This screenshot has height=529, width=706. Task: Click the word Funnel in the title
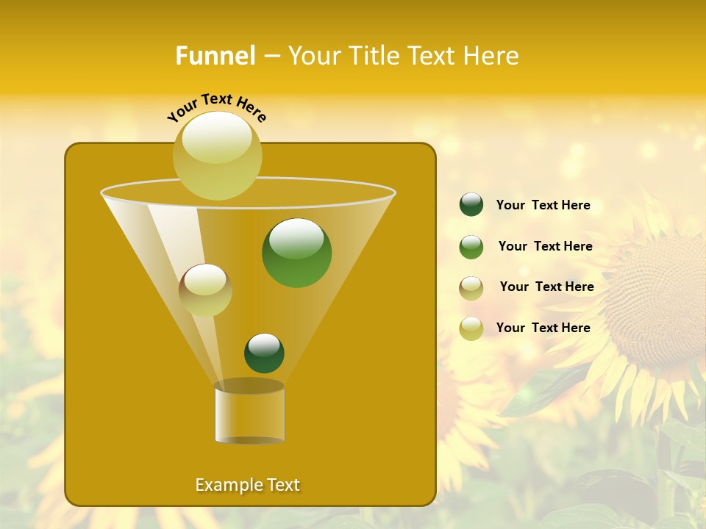coord(215,56)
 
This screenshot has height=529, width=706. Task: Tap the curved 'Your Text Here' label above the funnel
coord(217,107)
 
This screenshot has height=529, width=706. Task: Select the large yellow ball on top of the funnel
coord(218,155)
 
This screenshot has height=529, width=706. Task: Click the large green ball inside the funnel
coord(296,253)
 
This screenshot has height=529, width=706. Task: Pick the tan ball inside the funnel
coord(205,290)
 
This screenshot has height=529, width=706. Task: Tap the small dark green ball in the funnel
coord(264,353)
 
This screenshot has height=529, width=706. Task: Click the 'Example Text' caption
coord(247,485)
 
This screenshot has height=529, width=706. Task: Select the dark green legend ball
coord(471,205)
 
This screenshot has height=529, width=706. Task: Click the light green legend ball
coord(471,247)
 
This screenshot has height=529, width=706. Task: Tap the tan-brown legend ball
coord(471,287)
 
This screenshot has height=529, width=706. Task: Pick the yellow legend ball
coord(471,328)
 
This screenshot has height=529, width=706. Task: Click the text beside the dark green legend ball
coord(543,205)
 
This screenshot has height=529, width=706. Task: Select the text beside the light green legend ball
coord(545,246)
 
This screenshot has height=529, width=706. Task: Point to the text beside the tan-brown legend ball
coord(546,287)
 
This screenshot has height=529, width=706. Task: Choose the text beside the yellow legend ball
coord(543,328)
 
